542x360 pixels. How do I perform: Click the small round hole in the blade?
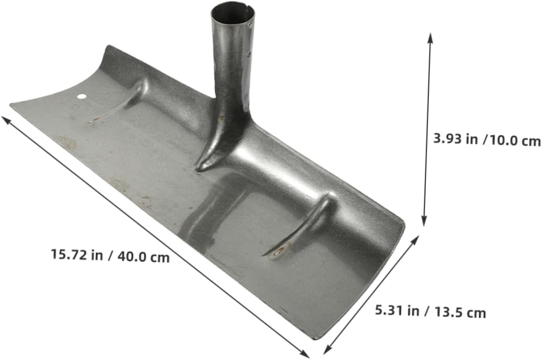(81, 96)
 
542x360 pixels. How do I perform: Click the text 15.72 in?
(77, 255)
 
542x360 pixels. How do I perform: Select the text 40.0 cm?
(143, 257)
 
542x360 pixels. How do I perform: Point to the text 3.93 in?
(455, 140)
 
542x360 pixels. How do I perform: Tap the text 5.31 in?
(397, 310)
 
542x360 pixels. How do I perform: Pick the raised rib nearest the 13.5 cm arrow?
(303, 226)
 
